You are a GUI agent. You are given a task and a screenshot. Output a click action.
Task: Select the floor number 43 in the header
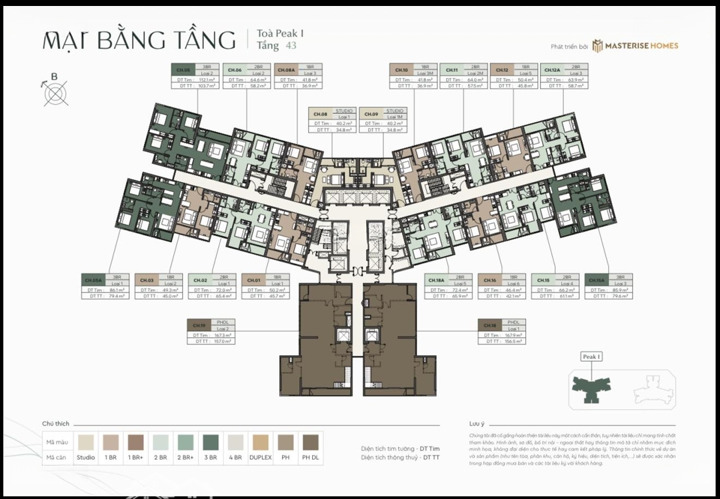(291, 46)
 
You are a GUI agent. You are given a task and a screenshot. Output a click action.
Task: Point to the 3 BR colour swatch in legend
(211, 442)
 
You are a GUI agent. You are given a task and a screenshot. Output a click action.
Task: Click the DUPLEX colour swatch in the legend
(261, 442)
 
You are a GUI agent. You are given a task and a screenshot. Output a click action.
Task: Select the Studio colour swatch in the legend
(86, 442)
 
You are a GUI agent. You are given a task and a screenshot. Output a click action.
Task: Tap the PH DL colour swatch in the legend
(311, 442)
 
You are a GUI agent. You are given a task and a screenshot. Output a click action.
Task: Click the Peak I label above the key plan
(591, 357)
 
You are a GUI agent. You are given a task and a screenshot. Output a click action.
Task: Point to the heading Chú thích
(56, 424)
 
